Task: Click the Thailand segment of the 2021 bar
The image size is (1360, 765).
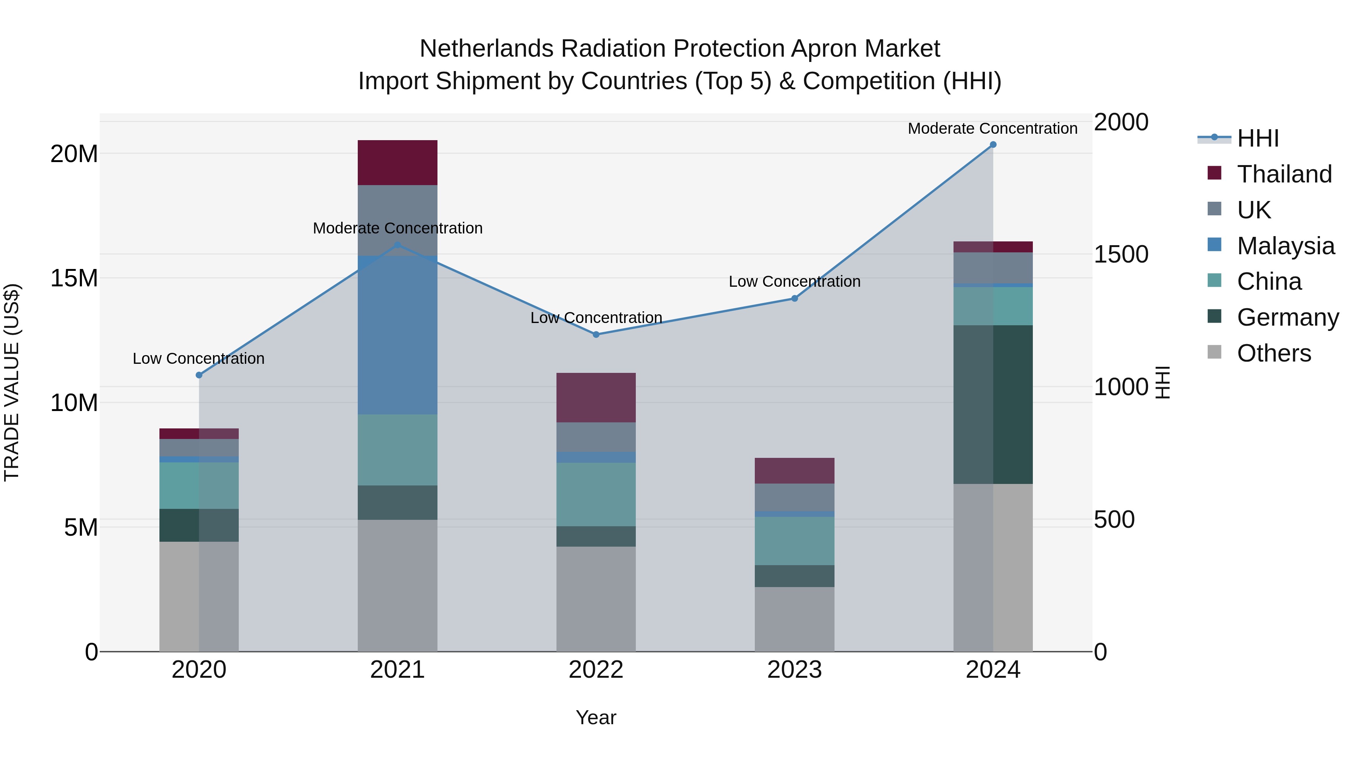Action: [x=397, y=162]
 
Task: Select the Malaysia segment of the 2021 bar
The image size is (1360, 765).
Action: [x=397, y=335]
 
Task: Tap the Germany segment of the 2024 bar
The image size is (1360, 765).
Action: [x=992, y=404]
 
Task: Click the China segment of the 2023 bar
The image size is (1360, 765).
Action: [x=794, y=541]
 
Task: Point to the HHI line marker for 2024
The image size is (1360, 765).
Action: [x=992, y=145]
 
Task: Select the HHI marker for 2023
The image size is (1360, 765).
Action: [x=794, y=298]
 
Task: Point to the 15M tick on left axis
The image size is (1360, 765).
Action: [x=74, y=278]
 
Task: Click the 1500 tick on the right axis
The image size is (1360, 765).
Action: [x=1120, y=255]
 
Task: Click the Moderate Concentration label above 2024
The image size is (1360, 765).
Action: [x=992, y=128]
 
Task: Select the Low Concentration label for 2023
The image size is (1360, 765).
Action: [x=794, y=281]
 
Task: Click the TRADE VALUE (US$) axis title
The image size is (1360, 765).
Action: [x=12, y=382]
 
